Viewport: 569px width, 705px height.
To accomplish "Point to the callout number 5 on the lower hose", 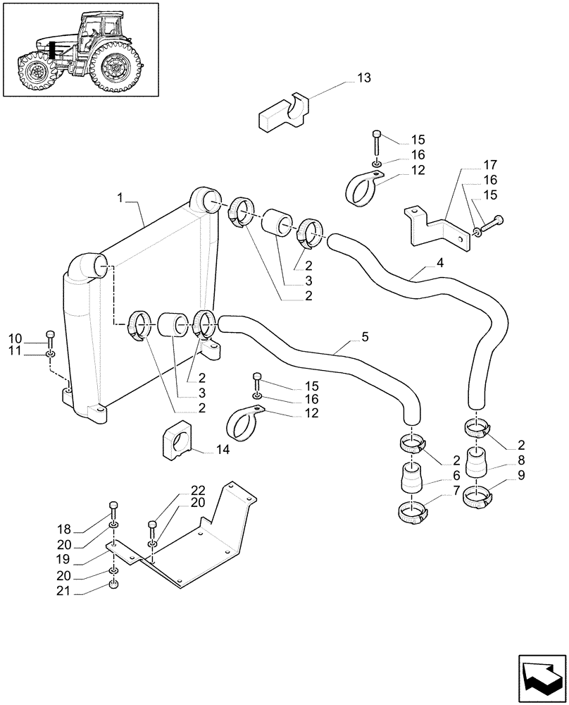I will (x=364, y=337).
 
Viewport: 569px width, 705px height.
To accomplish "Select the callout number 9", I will (x=520, y=474).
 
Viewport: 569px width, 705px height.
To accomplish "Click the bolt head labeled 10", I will (x=50, y=334).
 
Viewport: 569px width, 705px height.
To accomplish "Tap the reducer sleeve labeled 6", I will (x=411, y=479).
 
